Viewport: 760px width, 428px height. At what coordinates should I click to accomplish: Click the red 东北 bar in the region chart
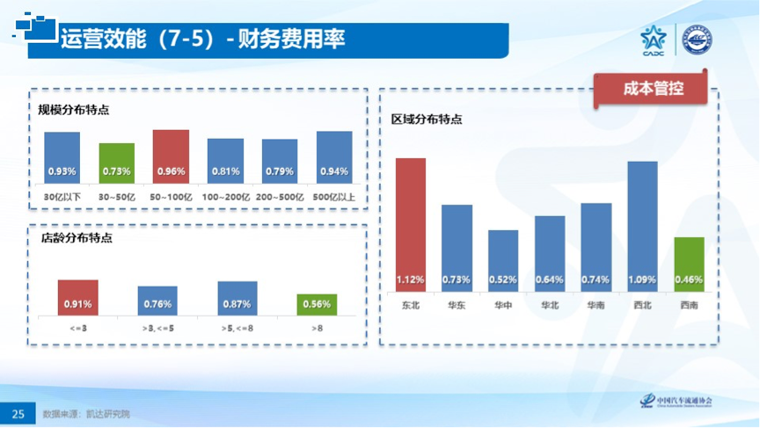tap(411, 224)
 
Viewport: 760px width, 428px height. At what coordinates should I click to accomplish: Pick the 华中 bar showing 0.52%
tap(503, 260)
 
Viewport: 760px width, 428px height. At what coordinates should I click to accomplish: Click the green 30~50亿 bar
tap(116, 162)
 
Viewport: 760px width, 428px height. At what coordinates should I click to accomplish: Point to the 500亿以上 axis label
tap(334, 196)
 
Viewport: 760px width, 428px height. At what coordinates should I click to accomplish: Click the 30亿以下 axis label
tap(62, 196)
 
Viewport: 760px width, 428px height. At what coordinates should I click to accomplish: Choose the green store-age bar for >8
tap(316, 304)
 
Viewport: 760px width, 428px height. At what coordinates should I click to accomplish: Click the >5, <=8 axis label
tap(237, 328)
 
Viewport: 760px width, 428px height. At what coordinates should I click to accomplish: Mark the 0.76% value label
tap(157, 305)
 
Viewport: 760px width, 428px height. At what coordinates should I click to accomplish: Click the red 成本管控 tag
tap(653, 89)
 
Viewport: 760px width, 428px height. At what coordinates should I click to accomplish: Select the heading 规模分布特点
tap(73, 110)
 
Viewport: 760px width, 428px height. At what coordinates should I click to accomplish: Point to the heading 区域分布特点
tap(426, 120)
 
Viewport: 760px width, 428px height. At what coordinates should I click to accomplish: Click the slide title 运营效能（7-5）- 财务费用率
tap(202, 39)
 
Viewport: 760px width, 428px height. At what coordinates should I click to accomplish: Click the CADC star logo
tap(653, 39)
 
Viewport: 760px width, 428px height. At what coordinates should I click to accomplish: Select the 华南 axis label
tap(596, 305)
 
